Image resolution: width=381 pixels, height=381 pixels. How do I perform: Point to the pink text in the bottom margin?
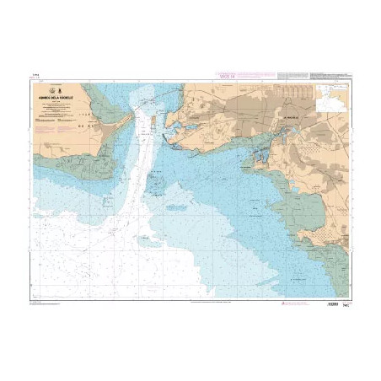pos(211,302)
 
